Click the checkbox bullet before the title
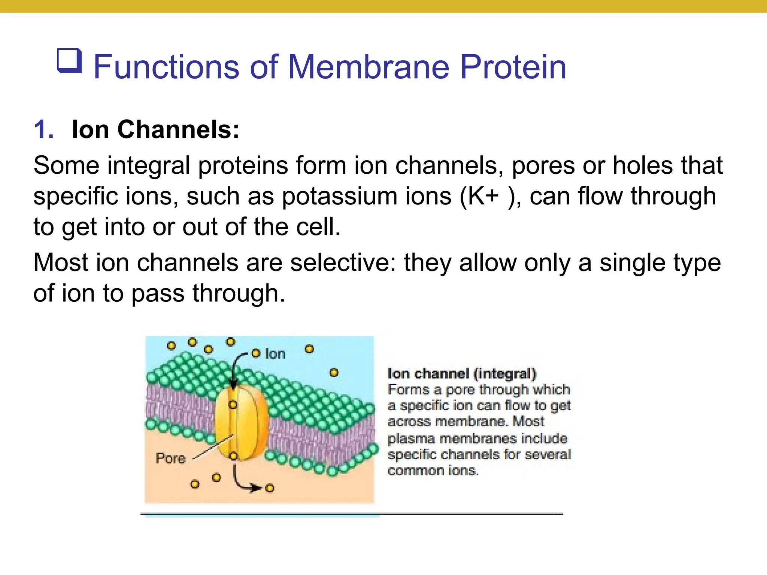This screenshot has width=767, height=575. (70, 61)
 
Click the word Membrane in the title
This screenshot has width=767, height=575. (369, 67)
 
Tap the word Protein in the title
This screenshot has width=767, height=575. (513, 67)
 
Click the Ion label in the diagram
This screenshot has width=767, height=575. (275, 354)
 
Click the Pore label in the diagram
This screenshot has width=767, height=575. (170, 458)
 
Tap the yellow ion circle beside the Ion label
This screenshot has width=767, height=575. (256, 353)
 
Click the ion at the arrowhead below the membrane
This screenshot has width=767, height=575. (270, 488)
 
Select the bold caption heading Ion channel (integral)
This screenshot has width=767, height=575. (462, 374)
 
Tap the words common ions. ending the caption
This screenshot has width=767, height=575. (433, 471)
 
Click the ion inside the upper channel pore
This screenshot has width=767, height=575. (233, 405)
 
